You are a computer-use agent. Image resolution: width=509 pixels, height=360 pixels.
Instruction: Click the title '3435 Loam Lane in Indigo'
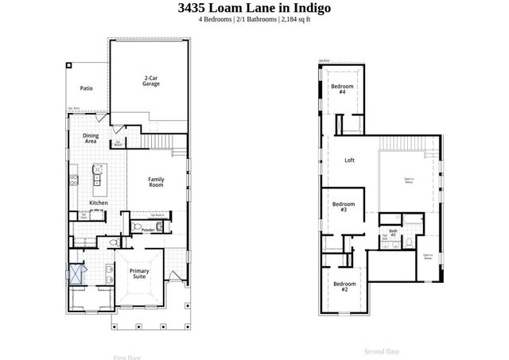pyautogui.click(x=254, y=9)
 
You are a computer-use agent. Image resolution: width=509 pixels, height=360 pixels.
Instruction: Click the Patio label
pyautogui.click(x=86, y=88)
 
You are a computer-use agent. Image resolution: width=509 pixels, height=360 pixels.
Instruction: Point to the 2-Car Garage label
pyautogui.click(x=151, y=80)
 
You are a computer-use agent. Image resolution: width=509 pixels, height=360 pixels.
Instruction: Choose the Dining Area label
pyautogui.click(x=91, y=138)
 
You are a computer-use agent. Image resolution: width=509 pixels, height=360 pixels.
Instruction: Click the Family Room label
pyautogui.click(x=156, y=182)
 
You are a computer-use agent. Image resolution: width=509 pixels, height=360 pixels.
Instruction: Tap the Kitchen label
pyautogui.click(x=98, y=203)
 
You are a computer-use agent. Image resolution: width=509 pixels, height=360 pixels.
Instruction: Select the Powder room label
pyautogui.click(x=148, y=229)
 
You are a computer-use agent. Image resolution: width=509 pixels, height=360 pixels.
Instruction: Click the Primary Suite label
pyautogui.click(x=139, y=274)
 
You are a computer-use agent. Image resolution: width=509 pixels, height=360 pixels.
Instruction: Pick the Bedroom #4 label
pyautogui.click(x=342, y=88)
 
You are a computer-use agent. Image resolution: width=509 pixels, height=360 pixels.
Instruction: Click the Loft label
pyautogui.click(x=349, y=161)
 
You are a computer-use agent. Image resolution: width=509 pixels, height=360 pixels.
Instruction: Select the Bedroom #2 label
pyautogui.click(x=344, y=287)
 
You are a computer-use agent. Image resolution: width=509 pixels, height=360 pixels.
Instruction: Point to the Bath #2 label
pyautogui.click(x=393, y=233)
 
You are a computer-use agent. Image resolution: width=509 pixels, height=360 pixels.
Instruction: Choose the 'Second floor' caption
pyautogui.click(x=382, y=350)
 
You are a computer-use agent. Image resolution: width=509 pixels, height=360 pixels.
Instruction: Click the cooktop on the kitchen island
pyautogui.click(x=99, y=168)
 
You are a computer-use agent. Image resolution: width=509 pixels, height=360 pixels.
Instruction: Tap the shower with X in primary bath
pyautogui.click(x=76, y=272)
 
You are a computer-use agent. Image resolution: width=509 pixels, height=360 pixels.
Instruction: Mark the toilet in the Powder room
pyautogui.click(x=138, y=228)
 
